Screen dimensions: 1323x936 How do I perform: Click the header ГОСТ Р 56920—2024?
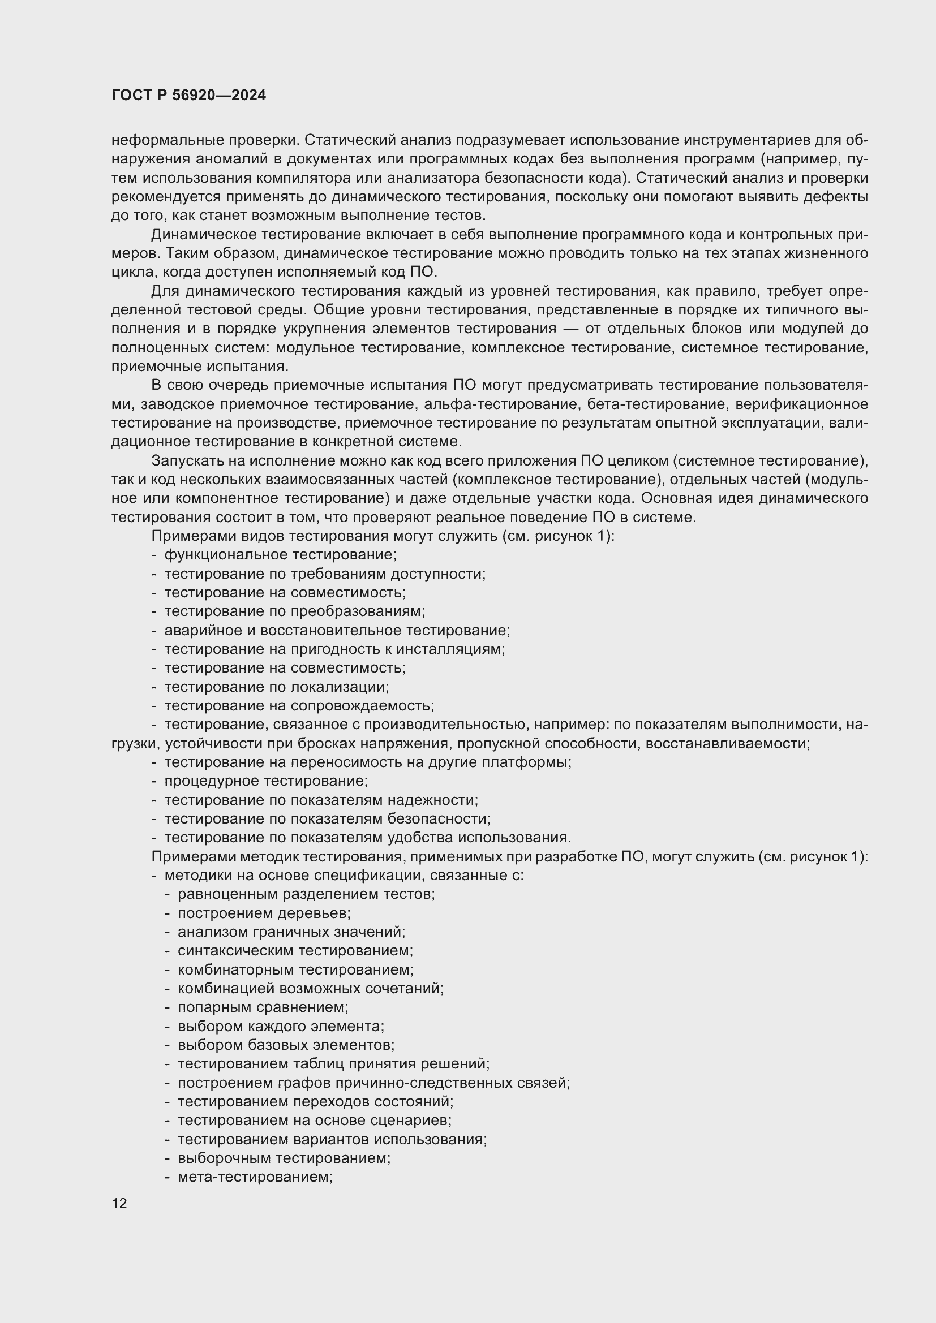click(x=188, y=96)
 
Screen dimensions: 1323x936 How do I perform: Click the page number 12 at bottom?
click(x=119, y=1203)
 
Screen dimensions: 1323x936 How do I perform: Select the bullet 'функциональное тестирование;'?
click(x=280, y=555)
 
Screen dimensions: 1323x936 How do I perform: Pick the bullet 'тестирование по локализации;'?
click(x=277, y=687)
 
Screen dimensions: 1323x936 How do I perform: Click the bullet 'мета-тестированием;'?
click(x=255, y=1177)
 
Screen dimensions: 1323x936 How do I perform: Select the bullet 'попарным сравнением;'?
click(x=263, y=1007)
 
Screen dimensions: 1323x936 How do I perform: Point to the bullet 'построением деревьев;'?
click(x=264, y=913)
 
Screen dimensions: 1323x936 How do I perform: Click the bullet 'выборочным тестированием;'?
click(x=284, y=1158)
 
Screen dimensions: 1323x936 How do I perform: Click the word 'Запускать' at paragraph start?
click(x=186, y=460)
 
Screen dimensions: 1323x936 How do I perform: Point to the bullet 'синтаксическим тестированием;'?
click(x=295, y=951)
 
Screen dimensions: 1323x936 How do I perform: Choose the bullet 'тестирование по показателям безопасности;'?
click(x=327, y=819)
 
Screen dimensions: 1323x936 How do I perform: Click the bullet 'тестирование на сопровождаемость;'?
click(x=299, y=706)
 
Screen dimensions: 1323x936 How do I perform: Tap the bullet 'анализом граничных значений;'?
click(x=291, y=932)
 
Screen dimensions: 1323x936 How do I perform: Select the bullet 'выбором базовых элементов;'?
click(x=286, y=1045)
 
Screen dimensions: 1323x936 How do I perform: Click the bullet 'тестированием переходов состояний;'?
click(x=315, y=1102)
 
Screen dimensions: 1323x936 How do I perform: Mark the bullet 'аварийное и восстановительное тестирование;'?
click(x=337, y=630)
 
